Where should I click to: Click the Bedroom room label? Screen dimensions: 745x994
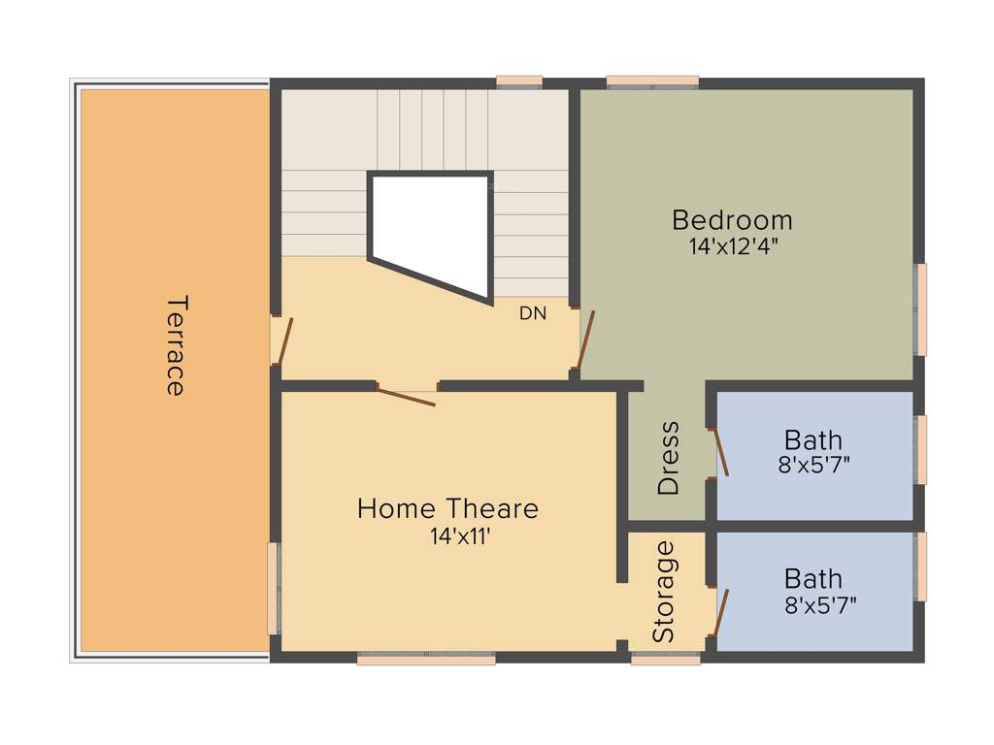click(732, 220)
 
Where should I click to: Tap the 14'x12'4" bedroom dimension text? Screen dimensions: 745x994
click(734, 246)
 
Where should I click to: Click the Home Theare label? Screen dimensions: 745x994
click(447, 508)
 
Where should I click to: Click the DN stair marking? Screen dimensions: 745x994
click(533, 313)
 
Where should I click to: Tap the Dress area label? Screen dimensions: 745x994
click(669, 459)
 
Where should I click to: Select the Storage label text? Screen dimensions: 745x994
click(664, 592)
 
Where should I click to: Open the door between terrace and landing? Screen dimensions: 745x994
click(282, 340)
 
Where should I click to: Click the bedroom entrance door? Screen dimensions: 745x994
click(585, 340)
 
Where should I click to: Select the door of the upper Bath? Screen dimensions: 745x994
click(719, 452)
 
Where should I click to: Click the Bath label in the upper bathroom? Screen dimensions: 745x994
click(813, 440)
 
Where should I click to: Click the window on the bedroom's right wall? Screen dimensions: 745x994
click(921, 308)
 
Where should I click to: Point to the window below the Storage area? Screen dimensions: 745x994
click(665, 659)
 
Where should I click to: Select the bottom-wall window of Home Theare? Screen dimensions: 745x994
click(426, 659)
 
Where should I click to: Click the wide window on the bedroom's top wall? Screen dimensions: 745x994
click(652, 81)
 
